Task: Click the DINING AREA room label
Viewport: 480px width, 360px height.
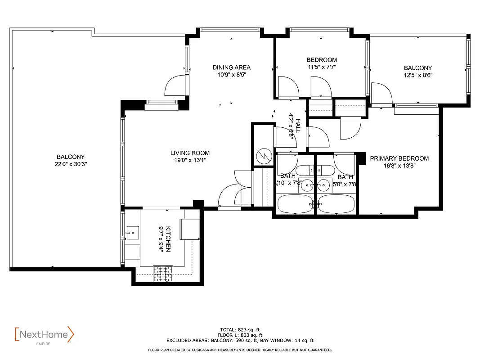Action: [x=231, y=67]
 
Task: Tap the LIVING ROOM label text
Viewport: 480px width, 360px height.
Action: [x=190, y=153]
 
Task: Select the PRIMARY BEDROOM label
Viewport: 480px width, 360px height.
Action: [x=399, y=158]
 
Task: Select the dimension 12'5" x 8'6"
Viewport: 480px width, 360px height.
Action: [x=417, y=75]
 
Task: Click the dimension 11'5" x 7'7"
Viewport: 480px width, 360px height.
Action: [x=322, y=67]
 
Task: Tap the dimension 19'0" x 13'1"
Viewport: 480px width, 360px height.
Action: [x=190, y=160]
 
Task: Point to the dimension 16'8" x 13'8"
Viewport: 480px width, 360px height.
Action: [x=399, y=166]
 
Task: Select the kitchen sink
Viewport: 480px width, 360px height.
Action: [x=132, y=233]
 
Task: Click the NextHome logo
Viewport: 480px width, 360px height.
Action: [x=44, y=335]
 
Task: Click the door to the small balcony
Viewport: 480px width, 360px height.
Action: [x=381, y=93]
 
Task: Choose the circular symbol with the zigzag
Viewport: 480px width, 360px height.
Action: [x=263, y=156]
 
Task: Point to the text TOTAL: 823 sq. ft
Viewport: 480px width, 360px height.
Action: [x=239, y=329]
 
